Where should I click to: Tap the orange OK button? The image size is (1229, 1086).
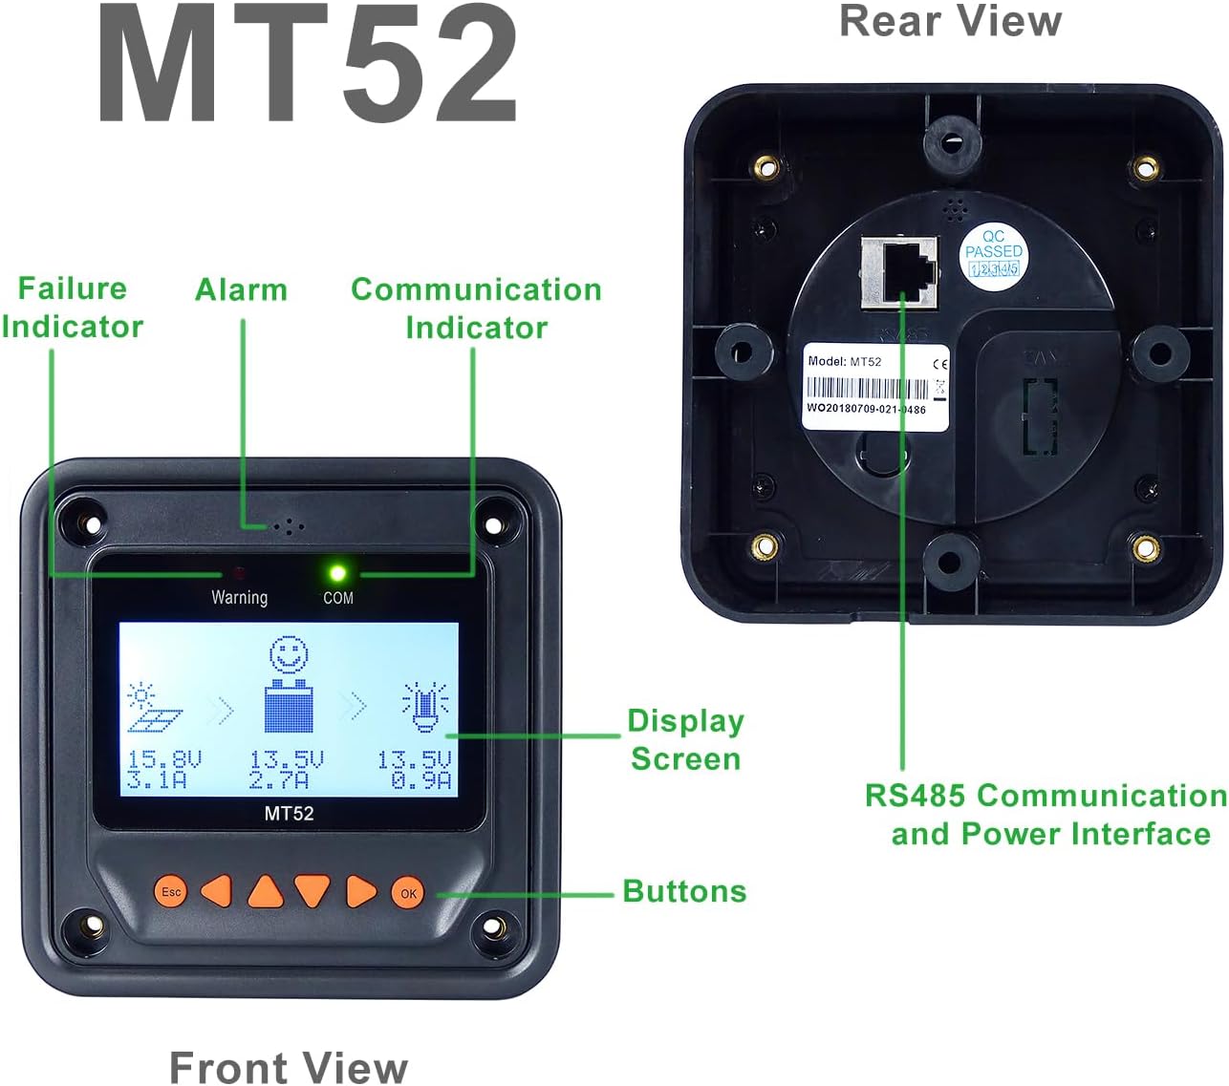[408, 893]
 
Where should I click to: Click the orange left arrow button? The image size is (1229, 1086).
[218, 891]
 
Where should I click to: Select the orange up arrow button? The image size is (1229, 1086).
[266, 891]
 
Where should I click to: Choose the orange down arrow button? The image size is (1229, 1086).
[313, 890]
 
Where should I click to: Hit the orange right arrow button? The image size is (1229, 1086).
[360, 891]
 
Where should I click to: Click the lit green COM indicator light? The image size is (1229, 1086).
[337, 573]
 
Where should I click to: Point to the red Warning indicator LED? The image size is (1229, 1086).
[239, 574]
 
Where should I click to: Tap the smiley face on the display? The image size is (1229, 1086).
[290, 656]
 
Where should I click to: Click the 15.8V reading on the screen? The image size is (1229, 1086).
[163, 760]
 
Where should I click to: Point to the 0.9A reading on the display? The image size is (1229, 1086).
[421, 781]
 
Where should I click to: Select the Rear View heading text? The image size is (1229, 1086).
[950, 21]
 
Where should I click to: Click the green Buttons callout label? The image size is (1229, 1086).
[684, 891]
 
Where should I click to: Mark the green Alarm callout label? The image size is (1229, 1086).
[241, 289]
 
